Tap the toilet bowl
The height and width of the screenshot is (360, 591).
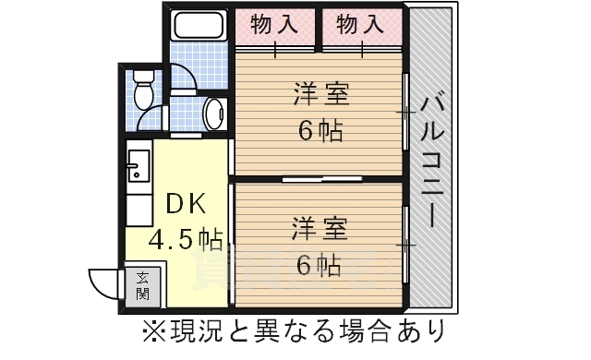(x=143, y=90)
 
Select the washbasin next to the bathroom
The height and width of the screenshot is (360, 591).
(x=212, y=114)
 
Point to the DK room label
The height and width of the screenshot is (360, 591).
(x=182, y=204)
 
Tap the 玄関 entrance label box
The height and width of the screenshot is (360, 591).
(x=143, y=286)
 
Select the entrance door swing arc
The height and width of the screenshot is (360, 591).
(x=103, y=279)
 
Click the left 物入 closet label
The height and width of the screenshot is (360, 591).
(x=276, y=23)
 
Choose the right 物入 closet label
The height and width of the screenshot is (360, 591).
(x=359, y=23)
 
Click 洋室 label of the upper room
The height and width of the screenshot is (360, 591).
(x=320, y=95)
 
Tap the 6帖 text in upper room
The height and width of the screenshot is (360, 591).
(x=320, y=130)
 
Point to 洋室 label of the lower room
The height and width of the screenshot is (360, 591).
(x=320, y=228)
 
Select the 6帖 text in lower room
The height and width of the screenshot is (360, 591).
(x=320, y=265)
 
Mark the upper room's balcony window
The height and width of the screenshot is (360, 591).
(x=406, y=111)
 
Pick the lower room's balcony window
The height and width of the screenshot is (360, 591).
(x=406, y=245)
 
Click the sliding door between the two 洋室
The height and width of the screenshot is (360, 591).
(x=319, y=177)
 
